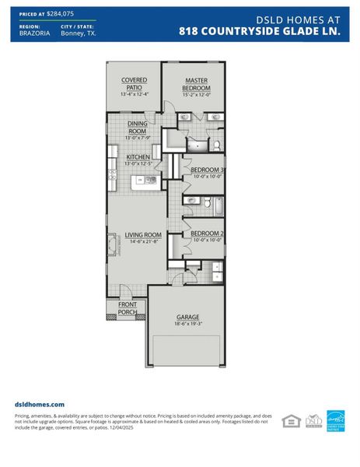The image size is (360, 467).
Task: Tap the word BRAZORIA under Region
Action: coord(33,34)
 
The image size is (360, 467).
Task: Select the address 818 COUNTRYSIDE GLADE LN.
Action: coord(260,32)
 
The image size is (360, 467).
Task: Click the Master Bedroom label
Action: coord(197,84)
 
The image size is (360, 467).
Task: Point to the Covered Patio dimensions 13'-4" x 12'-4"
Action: coord(134,94)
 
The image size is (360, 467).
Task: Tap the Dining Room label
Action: coord(137,127)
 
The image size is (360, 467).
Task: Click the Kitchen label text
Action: coord(138,156)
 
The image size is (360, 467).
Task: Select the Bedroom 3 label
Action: coord(207,170)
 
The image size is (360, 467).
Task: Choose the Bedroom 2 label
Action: coord(207,233)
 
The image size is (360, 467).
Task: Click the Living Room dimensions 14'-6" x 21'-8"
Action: coord(143,242)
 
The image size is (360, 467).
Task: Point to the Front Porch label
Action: coord(128,308)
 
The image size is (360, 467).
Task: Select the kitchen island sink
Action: coord(149,181)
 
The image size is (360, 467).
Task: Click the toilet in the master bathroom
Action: coord(217,145)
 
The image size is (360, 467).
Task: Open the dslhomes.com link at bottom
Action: coord(40,405)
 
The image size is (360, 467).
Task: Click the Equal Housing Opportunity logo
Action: coord(290,420)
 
